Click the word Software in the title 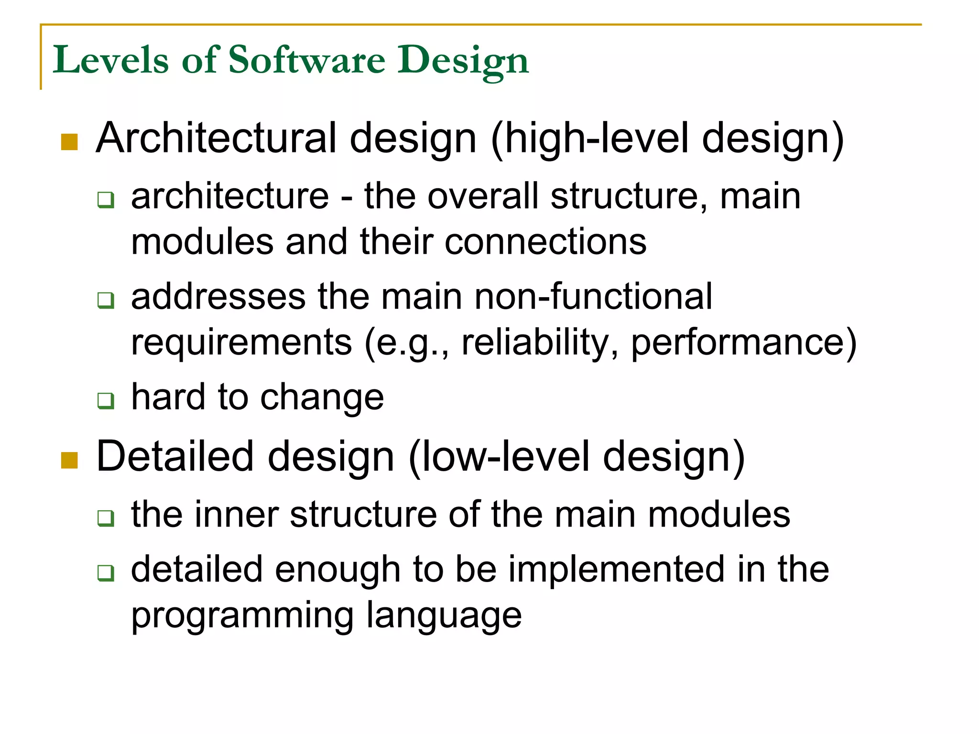tap(306, 60)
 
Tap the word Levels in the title tap(110, 60)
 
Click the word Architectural tap(217, 138)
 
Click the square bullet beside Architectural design tap(70, 142)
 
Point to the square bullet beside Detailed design tap(70, 461)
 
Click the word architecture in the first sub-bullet tap(230, 196)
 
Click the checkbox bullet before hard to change tap(106, 400)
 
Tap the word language tap(444, 615)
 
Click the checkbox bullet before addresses tap(106, 300)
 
